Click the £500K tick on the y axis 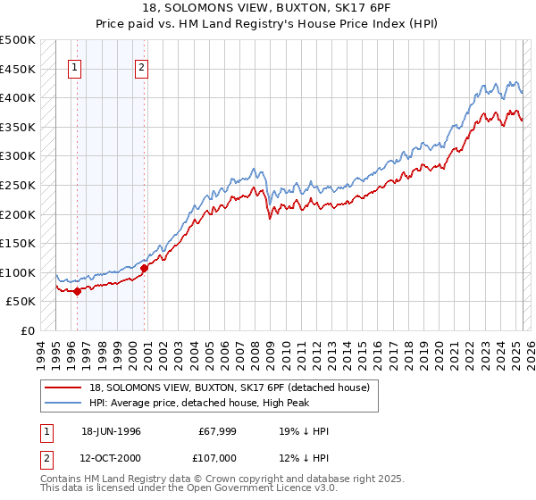[17, 40]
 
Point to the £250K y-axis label [17, 185]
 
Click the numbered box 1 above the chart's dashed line [74, 65]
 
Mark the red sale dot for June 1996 [78, 291]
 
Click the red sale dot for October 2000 [144, 268]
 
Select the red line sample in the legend [64, 387]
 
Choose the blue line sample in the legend [64, 402]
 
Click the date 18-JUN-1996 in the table [111, 431]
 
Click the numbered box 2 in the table [46, 458]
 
